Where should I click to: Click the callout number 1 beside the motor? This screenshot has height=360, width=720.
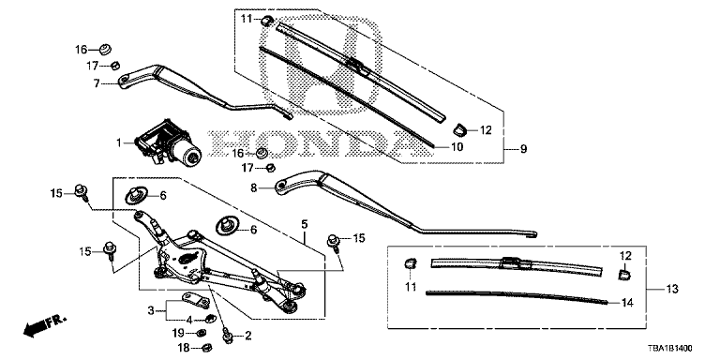pyautogui.click(x=119, y=144)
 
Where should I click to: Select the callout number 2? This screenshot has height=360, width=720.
pyautogui.click(x=247, y=336)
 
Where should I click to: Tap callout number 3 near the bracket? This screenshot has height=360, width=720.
pyautogui.click(x=149, y=310)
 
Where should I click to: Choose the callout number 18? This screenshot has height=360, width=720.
pyautogui.click(x=183, y=347)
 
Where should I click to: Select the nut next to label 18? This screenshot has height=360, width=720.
pyautogui.click(x=208, y=348)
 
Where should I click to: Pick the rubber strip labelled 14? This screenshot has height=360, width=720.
pyautogui.click(x=516, y=295)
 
